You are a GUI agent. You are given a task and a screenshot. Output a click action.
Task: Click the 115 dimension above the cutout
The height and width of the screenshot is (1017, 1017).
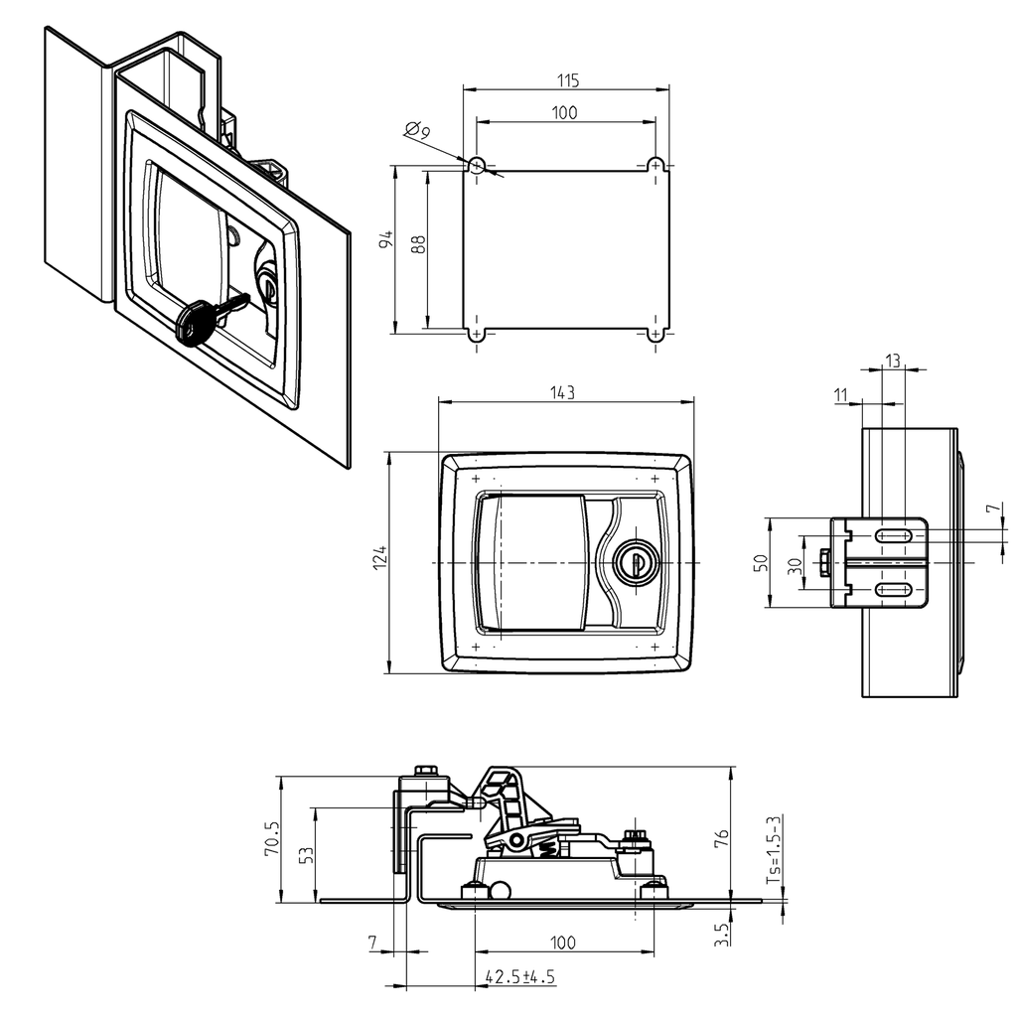coord(567,79)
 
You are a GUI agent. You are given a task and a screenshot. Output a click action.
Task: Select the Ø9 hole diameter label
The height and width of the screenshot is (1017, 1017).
coord(418,130)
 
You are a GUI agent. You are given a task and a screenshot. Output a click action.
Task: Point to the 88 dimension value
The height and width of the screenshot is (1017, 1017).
coord(419,244)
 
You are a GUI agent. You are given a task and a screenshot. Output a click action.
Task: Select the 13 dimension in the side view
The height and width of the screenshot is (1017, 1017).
coord(892,361)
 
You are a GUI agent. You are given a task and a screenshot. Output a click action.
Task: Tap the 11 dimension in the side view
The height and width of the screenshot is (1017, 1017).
coord(842,395)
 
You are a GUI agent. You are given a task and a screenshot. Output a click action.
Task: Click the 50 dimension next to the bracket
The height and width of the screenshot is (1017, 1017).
coord(761,562)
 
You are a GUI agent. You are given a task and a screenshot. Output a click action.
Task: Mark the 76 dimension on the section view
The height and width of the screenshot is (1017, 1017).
coord(722,840)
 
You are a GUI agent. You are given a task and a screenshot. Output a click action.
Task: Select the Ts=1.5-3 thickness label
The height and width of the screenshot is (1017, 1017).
coord(773,850)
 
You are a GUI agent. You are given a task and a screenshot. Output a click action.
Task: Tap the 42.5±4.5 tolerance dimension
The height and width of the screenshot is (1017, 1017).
coord(519,977)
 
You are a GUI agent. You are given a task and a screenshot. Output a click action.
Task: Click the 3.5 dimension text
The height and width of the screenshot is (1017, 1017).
coord(722,935)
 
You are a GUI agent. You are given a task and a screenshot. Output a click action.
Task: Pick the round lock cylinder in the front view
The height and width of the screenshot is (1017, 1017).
coord(631,562)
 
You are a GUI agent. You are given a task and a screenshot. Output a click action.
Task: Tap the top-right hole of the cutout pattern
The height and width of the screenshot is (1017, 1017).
coord(655,164)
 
